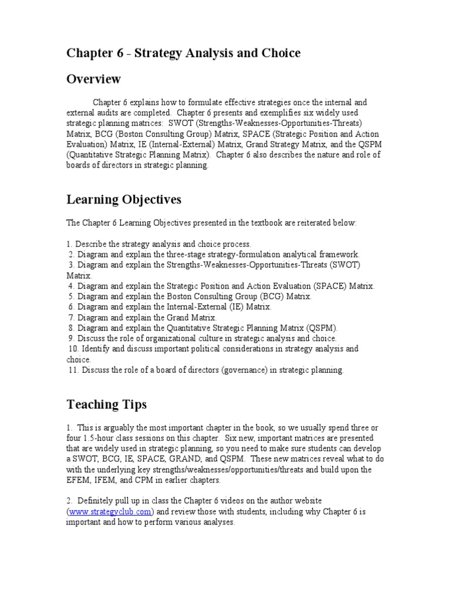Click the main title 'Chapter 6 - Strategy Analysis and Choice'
183,53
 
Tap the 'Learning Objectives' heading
124,200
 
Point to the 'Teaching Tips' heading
106,404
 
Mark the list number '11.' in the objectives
73,370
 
